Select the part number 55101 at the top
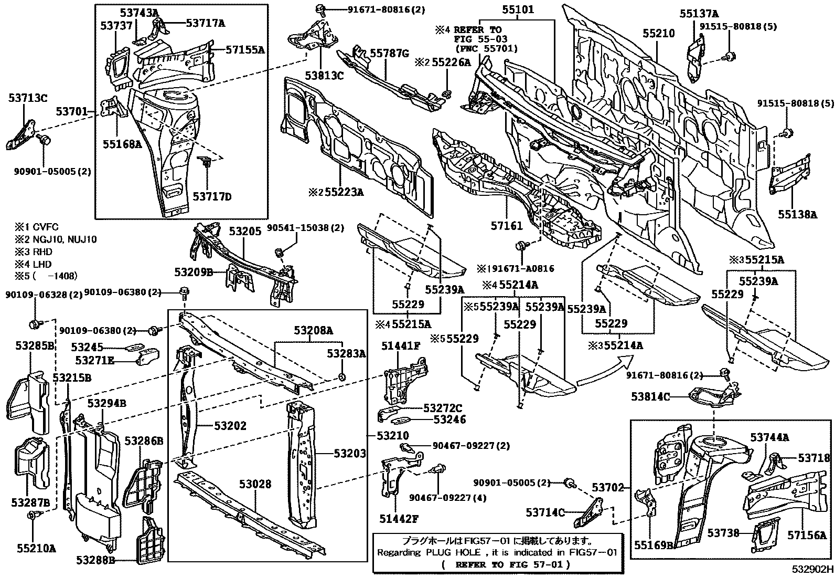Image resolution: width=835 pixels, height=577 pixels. tap(518, 9)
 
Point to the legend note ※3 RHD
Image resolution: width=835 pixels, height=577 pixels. tap(34, 251)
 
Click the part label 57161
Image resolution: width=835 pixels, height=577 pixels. tap(506, 226)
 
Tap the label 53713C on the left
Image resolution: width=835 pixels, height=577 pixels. tap(28, 97)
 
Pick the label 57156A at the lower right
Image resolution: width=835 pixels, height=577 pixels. tap(807, 535)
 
